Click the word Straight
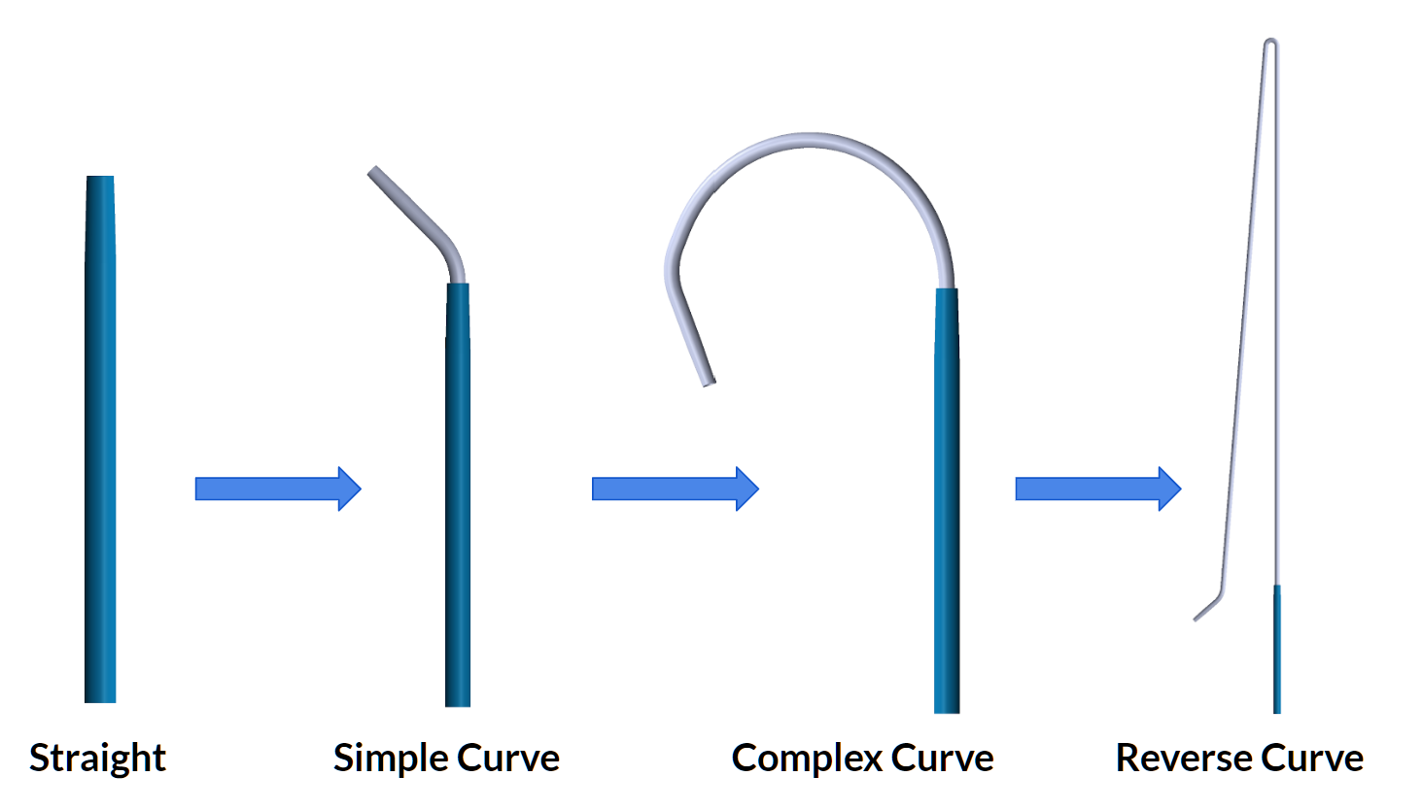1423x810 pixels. click(x=97, y=758)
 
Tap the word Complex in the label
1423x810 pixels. click(x=806, y=758)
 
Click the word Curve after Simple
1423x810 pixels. click(x=507, y=758)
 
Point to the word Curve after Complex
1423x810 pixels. click(x=942, y=758)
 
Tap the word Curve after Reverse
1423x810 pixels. click(x=1311, y=758)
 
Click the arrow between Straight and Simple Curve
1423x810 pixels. click(x=278, y=489)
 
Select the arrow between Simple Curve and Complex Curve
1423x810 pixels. click(x=675, y=489)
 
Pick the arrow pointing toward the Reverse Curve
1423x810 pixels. click(x=1097, y=489)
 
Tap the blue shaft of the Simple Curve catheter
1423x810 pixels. click(x=458, y=495)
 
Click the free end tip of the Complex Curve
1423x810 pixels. click(x=709, y=380)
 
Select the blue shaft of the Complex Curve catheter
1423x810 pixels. click(x=947, y=505)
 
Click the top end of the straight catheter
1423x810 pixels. click(x=100, y=180)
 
